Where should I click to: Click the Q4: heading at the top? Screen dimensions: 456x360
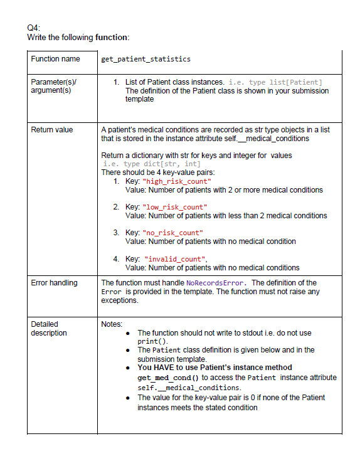click(34, 28)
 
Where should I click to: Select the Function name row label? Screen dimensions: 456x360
click(55, 59)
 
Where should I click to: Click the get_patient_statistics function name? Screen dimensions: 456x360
click(146, 60)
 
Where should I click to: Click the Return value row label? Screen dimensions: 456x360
click(52, 130)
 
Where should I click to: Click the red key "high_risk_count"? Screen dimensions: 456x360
click(177, 181)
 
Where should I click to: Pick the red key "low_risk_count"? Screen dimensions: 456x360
click(176, 207)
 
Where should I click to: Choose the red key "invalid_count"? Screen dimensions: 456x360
click(176, 258)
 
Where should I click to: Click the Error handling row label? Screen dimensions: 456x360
click(55, 283)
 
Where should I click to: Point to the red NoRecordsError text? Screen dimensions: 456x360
click(217, 283)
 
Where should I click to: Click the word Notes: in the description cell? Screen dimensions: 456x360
click(112, 324)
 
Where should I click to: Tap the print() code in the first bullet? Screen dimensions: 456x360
click(151, 341)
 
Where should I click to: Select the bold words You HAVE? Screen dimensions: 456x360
click(156, 368)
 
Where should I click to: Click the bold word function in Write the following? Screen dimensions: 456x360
click(111, 38)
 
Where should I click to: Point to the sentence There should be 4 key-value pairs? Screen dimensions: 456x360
click(159, 172)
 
